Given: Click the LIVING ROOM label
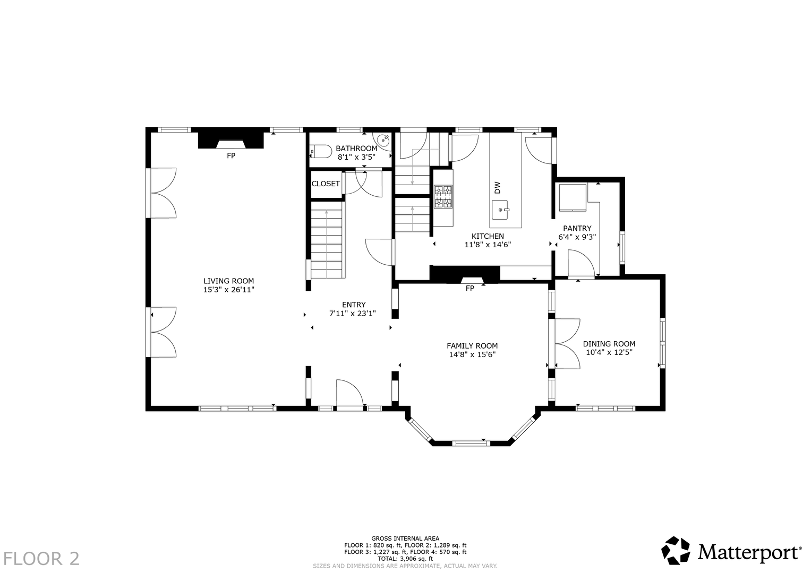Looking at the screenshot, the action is pos(228,281).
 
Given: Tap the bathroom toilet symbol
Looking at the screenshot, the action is pos(321,151).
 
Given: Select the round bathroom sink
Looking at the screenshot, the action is pos(383,139).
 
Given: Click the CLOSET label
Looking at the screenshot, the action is pos(326,184).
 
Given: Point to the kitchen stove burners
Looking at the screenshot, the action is pos(443,196).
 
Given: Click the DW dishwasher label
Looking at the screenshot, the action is pos(497,187).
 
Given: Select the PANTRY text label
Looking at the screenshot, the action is pos(577,229).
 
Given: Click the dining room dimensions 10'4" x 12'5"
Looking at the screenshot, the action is pos(609,352).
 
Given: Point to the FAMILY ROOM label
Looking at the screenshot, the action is pos(472,346).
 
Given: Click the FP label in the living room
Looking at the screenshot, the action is pos(231,156).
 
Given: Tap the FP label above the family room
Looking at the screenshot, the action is pos(470,288).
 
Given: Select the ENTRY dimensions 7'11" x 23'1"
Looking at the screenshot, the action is pos(352,314).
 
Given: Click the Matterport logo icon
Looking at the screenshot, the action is pos(676,550).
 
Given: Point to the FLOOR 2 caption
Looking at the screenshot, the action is pos(41,559).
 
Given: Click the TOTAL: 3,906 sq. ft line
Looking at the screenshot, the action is pos(405,559).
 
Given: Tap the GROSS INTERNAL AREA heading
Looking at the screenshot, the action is pos(405,539).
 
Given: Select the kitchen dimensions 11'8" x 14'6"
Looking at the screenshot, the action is pos(488,245).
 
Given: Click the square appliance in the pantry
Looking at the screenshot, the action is pos(573,197).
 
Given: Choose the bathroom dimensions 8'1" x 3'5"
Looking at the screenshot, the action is pos(356,157).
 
